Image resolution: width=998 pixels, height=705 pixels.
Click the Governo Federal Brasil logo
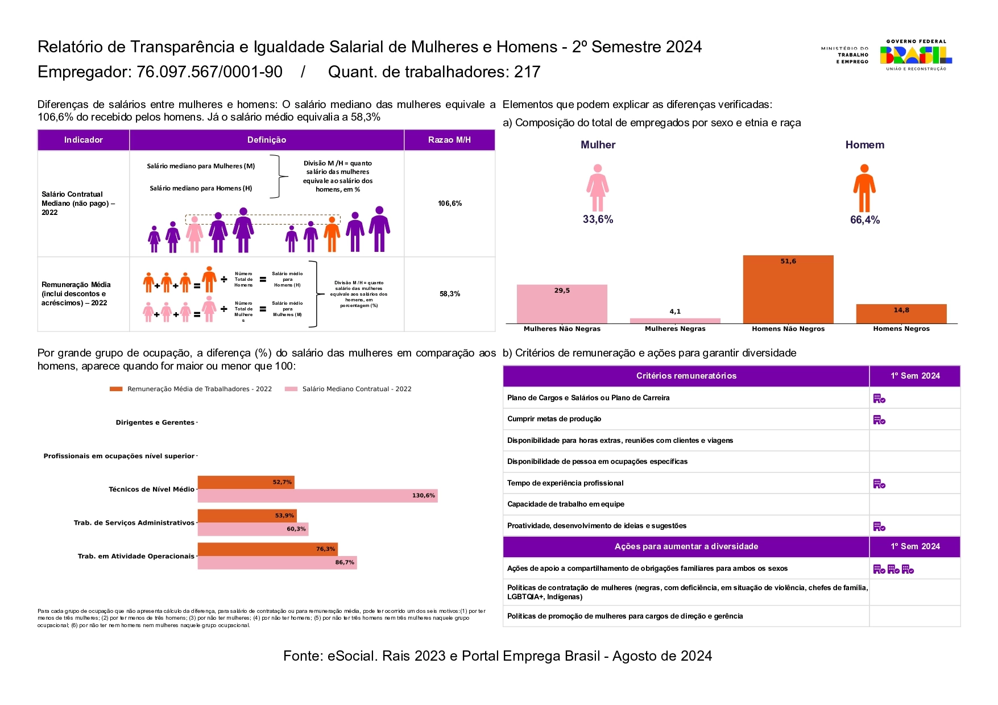coord(916,55)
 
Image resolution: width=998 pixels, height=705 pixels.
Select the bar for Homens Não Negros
coord(788,290)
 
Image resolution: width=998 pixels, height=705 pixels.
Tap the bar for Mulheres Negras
coord(675,321)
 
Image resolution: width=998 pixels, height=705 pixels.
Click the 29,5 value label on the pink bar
coord(562,291)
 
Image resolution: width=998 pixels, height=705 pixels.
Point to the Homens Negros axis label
coord(901,329)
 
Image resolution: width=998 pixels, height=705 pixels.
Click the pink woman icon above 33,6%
coord(597,188)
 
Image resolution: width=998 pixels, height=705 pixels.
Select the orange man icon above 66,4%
coord(864,188)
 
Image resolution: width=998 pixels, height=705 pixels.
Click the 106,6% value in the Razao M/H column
coord(450,204)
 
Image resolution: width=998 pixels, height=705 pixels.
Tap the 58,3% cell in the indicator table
coord(450,294)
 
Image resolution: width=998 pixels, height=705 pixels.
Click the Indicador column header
coord(84,140)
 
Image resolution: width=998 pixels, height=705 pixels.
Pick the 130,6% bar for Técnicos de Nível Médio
coord(317,496)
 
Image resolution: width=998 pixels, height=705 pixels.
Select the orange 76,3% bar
coord(267,549)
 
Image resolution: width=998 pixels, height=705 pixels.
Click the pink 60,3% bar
coord(253,529)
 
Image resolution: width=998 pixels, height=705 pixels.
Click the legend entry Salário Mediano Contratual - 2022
coord(348,389)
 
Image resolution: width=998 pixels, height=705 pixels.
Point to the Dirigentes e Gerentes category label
coord(155,422)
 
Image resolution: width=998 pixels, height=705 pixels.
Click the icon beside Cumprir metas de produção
coord(879,420)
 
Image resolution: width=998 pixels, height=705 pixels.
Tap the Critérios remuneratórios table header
coord(686,376)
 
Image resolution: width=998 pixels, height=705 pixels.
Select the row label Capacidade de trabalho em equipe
coord(566,504)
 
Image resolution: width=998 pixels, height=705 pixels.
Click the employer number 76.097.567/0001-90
coord(209,72)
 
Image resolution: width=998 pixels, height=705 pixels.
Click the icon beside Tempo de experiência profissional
coord(879,484)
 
